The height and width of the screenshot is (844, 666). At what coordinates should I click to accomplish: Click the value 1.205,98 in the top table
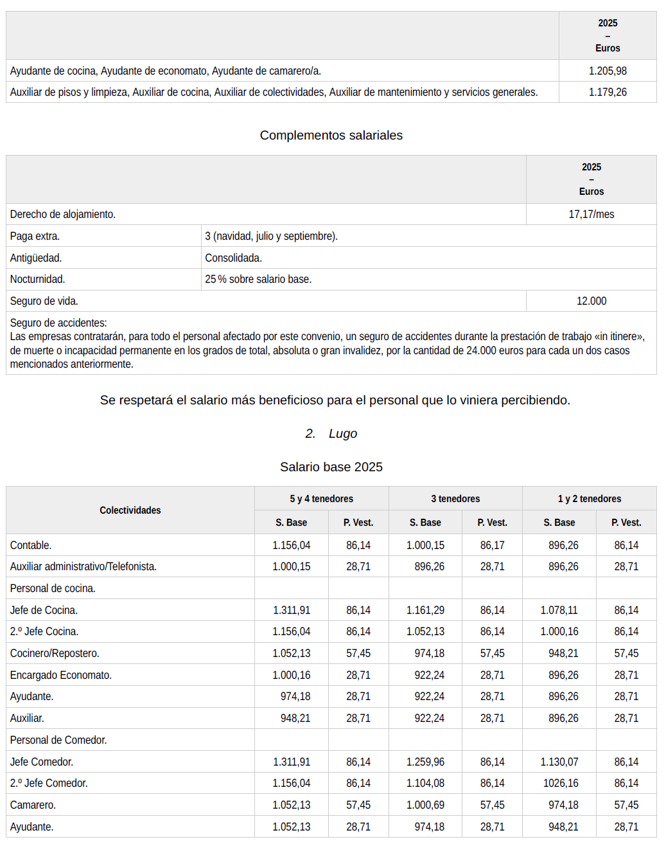[608, 71]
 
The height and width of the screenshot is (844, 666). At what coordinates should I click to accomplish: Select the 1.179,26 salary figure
[608, 92]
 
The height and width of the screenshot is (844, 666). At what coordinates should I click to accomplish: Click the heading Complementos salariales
[331, 135]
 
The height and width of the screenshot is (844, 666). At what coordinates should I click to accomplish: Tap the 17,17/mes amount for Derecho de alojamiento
[591, 214]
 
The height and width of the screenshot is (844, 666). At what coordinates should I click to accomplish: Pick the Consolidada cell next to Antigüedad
[233, 258]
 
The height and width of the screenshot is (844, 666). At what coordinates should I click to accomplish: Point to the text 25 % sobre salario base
[258, 279]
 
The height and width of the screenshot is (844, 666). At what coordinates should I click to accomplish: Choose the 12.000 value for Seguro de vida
[591, 301]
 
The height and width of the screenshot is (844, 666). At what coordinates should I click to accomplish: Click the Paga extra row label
[35, 236]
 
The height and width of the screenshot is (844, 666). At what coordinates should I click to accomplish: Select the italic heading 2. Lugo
[331, 433]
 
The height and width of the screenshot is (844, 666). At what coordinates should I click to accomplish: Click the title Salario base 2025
[331, 467]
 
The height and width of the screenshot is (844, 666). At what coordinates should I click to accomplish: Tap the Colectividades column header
[130, 510]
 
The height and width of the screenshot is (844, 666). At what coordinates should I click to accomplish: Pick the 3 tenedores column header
[455, 499]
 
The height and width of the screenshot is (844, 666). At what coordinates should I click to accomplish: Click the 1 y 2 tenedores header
[589, 499]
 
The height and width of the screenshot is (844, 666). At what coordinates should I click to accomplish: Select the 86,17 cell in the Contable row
[492, 545]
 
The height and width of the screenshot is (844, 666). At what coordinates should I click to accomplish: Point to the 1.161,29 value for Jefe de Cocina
[425, 610]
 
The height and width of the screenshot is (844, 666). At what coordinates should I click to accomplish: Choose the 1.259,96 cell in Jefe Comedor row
[425, 762]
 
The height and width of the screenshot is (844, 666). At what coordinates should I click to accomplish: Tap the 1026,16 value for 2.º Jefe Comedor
[559, 783]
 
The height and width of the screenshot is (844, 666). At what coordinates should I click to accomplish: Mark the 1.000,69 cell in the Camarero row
[425, 805]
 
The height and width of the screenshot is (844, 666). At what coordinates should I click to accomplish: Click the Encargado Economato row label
[60, 675]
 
